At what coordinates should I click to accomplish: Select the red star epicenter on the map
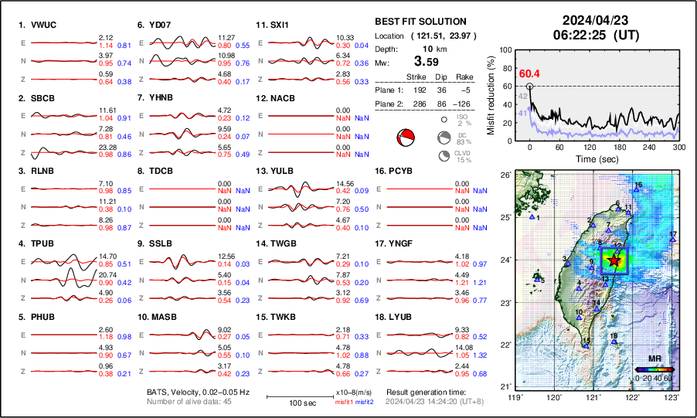coord(614,261)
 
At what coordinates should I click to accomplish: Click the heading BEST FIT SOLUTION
coord(420,22)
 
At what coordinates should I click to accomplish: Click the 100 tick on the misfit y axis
coord(506,49)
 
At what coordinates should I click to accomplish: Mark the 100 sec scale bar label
coord(291,404)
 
